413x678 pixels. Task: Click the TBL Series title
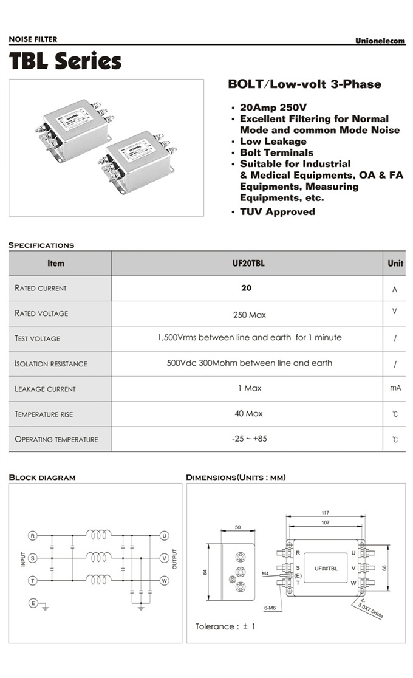click(65, 61)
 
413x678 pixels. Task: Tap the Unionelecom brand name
click(380, 41)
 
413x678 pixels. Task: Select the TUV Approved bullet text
click(277, 212)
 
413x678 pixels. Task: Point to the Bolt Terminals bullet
click(276, 152)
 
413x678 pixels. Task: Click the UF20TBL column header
click(247, 264)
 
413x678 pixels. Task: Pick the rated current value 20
click(246, 288)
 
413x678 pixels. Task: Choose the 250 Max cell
click(249, 315)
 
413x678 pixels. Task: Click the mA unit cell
click(395, 388)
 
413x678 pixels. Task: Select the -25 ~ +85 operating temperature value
click(249, 438)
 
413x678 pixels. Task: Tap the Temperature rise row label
click(44, 414)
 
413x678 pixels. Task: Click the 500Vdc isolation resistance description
click(249, 363)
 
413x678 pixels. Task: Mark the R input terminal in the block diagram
click(33, 536)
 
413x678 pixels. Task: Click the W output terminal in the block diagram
click(164, 580)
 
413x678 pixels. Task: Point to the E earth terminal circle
click(33, 603)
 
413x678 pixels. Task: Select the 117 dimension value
click(326, 513)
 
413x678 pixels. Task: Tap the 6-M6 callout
click(270, 608)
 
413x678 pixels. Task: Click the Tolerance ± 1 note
click(225, 626)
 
